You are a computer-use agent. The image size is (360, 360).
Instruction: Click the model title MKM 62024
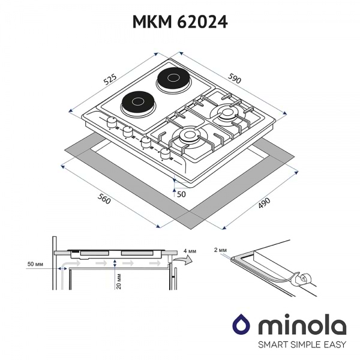click(180, 23)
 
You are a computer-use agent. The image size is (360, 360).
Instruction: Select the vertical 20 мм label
click(119, 280)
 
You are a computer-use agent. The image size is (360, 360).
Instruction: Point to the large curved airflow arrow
click(185, 260)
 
